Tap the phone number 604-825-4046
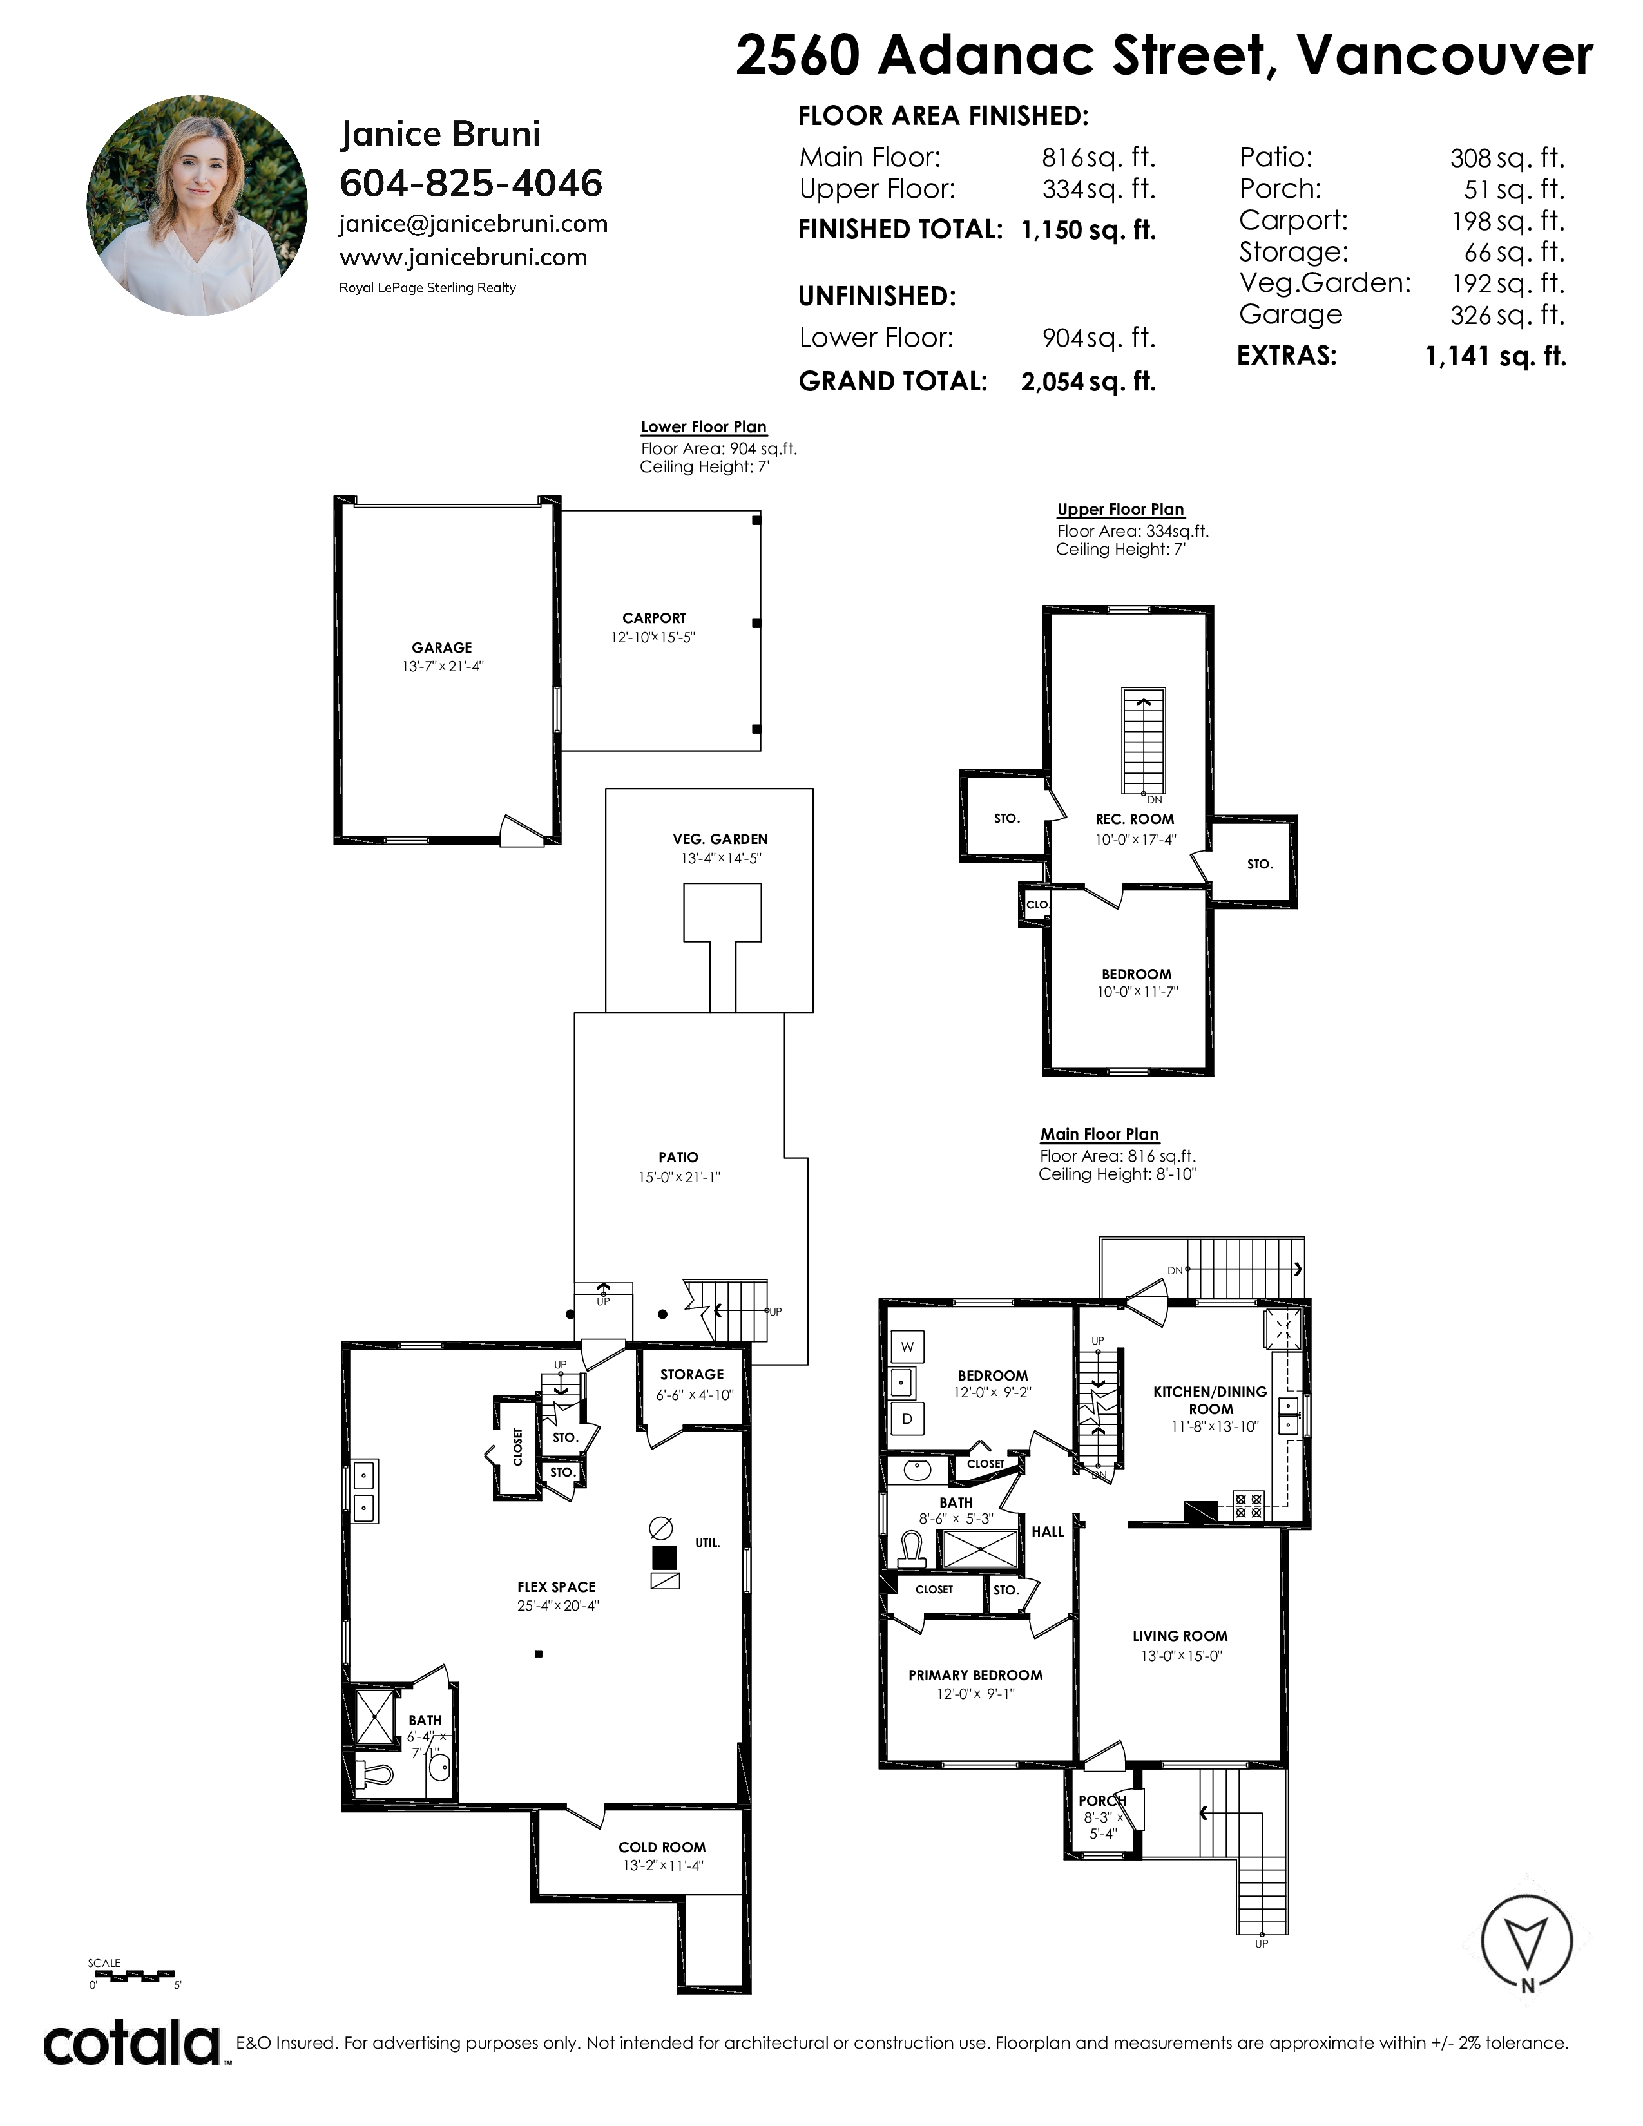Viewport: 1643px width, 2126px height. (471, 183)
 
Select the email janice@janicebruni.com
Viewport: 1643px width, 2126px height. (473, 225)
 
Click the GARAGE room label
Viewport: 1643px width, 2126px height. (442, 647)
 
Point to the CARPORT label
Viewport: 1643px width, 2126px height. (654, 618)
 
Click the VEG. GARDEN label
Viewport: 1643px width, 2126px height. (720, 839)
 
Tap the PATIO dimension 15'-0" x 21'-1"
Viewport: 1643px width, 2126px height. (678, 1177)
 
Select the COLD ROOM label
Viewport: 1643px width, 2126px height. (662, 1846)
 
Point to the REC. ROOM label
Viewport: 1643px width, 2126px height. (1135, 819)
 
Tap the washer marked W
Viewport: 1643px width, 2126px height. (907, 1347)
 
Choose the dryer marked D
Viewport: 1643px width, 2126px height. (907, 1419)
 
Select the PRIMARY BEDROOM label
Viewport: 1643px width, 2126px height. (975, 1675)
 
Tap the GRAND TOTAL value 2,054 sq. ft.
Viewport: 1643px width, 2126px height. (1088, 381)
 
